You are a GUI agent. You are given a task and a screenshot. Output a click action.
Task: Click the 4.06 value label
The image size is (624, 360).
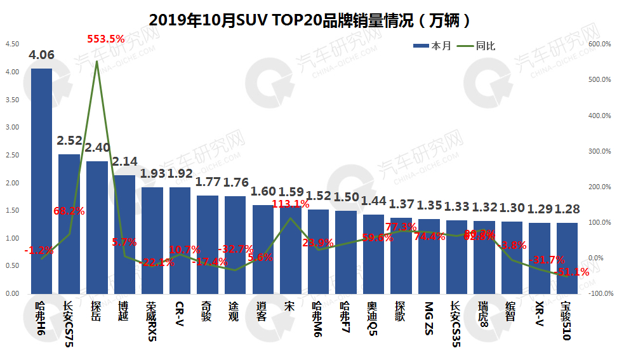click(x=42, y=55)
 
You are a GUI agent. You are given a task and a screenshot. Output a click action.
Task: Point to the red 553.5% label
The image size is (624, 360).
click(x=105, y=39)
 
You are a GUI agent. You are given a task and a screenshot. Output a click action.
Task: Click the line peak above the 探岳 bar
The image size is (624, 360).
click(x=96, y=62)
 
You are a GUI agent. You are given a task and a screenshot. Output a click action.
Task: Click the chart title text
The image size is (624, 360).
click(x=311, y=20)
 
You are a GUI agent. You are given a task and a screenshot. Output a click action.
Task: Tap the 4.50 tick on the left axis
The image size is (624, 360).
click(x=12, y=44)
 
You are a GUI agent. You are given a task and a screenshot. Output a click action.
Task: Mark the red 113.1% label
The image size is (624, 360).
click(x=291, y=204)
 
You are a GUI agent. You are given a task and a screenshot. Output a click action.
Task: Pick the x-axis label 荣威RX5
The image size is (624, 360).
click(x=151, y=321)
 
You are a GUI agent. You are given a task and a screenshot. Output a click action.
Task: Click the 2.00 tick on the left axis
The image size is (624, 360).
click(x=12, y=183)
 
